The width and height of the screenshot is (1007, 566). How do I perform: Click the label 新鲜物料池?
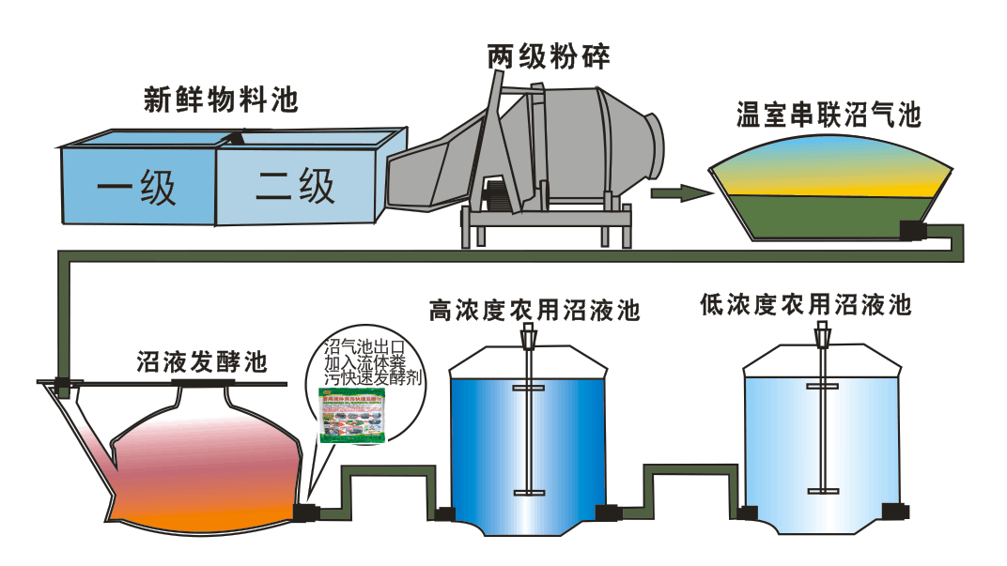click(x=221, y=99)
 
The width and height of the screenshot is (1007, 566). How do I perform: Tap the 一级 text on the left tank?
click(x=137, y=189)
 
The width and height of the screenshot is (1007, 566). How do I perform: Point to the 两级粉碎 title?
click(x=549, y=56)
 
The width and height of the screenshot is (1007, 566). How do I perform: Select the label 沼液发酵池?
click(x=202, y=361)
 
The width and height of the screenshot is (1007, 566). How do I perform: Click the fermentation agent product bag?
click(x=352, y=418)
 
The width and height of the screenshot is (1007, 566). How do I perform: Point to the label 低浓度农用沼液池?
click(x=806, y=305)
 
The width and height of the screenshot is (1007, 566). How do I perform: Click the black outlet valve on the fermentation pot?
click(x=304, y=512)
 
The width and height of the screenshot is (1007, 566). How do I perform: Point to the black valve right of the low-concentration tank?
click(x=895, y=511)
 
